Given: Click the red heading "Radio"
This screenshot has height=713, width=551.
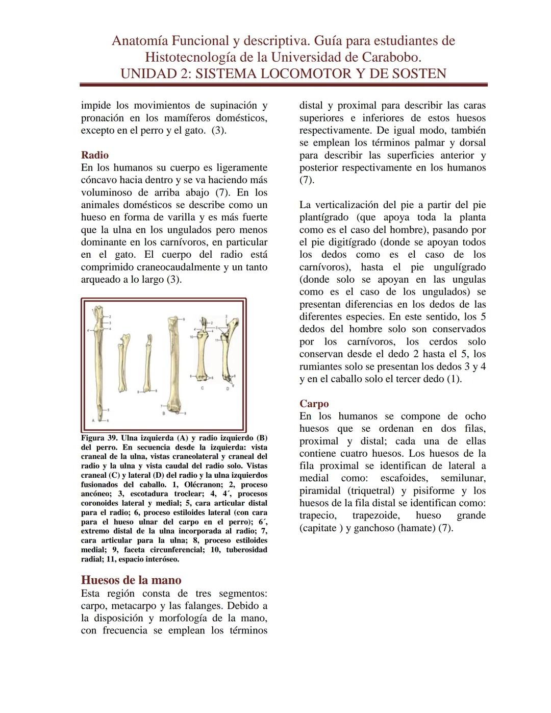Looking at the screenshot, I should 94,155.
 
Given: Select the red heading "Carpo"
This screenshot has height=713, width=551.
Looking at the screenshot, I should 314,404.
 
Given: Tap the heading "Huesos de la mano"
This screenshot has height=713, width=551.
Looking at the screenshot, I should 131,580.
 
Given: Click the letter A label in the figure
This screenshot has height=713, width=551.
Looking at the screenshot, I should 93,420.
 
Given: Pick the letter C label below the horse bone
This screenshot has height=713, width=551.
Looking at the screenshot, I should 202,388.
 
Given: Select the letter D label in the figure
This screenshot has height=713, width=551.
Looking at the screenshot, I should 228,389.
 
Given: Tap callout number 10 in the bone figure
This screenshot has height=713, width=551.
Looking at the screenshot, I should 191,337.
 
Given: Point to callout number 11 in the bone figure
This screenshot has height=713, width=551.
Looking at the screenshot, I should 216,340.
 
